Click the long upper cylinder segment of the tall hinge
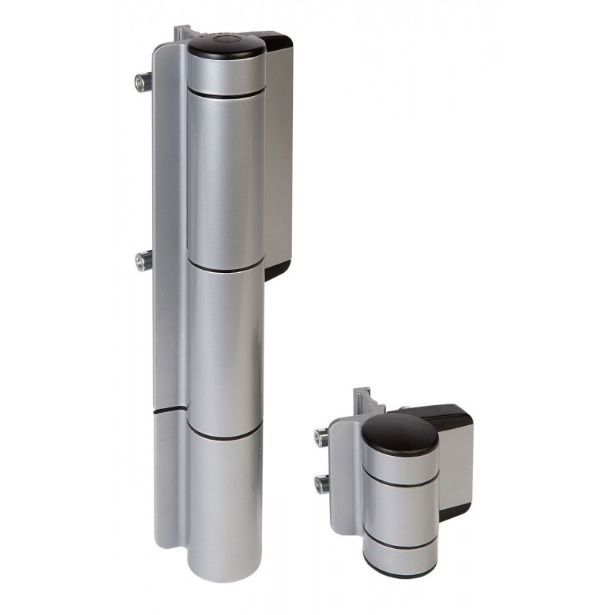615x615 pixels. coord(226,177)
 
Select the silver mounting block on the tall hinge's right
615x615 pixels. coord(278,154)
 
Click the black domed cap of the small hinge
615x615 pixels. coord(400,431)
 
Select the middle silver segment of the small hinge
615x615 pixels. coord(401,510)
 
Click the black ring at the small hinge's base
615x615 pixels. coord(401,567)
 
